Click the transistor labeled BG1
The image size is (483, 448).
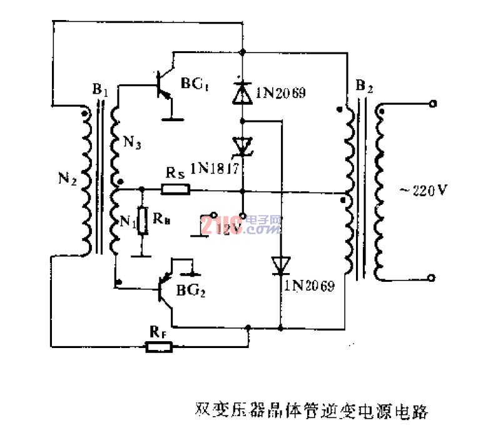coord(163,87)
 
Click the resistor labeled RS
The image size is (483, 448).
coord(176,189)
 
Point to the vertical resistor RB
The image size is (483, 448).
coord(143,221)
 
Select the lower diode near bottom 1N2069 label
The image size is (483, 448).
coord(280,265)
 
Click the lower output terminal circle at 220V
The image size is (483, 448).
coord(431,277)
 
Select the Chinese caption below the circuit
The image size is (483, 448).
coord(311,411)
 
